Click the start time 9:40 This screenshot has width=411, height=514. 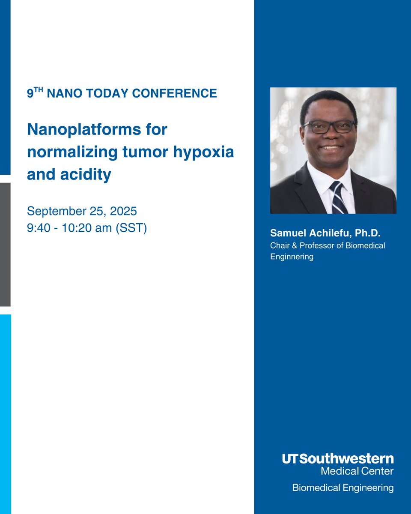pyautogui.click(x=37, y=228)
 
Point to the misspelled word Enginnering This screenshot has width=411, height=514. pyautogui.click(x=292, y=257)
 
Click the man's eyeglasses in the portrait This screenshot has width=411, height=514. pyautogui.click(x=328, y=126)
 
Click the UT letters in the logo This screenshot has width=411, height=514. pyautogui.click(x=291, y=459)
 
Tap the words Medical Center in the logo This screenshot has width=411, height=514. pyautogui.click(x=357, y=471)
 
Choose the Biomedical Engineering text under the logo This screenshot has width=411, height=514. pyautogui.click(x=342, y=487)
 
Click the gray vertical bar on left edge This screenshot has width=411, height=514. pyautogui.click(x=5, y=244)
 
